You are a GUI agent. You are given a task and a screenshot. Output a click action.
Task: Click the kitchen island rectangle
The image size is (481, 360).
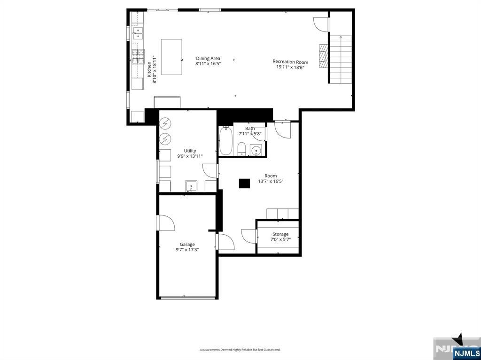point(171,57)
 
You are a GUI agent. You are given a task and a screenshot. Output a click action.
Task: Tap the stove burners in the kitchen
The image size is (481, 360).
point(138,56)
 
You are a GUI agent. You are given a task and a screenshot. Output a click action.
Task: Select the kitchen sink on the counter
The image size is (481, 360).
point(138,31)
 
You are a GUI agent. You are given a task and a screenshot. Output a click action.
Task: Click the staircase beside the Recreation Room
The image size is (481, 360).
point(341,59)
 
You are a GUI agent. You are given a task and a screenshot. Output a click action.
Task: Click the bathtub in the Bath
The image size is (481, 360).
point(225,141)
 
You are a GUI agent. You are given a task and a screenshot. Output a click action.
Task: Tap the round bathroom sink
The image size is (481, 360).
point(256,151)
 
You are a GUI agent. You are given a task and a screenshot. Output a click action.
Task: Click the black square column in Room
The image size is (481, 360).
point(244,184)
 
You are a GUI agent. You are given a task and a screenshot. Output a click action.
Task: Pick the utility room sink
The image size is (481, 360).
point(191,187)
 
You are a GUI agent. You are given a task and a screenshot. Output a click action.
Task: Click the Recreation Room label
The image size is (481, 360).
point(290,61)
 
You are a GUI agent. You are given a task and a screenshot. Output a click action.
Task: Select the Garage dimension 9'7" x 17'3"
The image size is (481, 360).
point(187,250)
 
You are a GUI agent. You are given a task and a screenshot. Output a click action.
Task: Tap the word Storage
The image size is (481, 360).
point(280,234)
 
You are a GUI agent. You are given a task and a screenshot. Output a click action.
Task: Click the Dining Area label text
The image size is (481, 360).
point(208,58)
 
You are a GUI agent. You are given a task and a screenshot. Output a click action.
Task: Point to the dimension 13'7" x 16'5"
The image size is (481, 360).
point(271,181)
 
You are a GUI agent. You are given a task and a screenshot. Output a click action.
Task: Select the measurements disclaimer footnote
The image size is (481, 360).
point(240,350)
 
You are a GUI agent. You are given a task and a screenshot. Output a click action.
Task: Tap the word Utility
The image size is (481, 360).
point(190,151)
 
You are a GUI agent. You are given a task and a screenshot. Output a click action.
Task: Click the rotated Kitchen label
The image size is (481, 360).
point(149,69)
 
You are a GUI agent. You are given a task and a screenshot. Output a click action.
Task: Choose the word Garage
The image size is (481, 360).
point(187,244)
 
